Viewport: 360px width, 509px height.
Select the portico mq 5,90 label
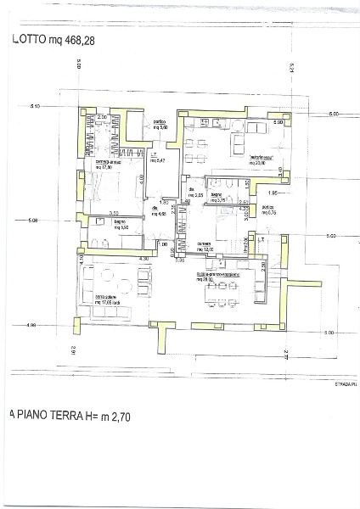[x=160, y=126]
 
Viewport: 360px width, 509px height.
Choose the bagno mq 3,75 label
[x=220, y=199]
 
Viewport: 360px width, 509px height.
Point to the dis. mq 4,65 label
[x=158, y=212]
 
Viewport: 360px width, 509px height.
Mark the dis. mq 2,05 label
[x=194, y=193]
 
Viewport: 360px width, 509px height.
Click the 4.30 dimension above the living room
[x=143, y=258]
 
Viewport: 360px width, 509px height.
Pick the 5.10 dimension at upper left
[x=35, y=107]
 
